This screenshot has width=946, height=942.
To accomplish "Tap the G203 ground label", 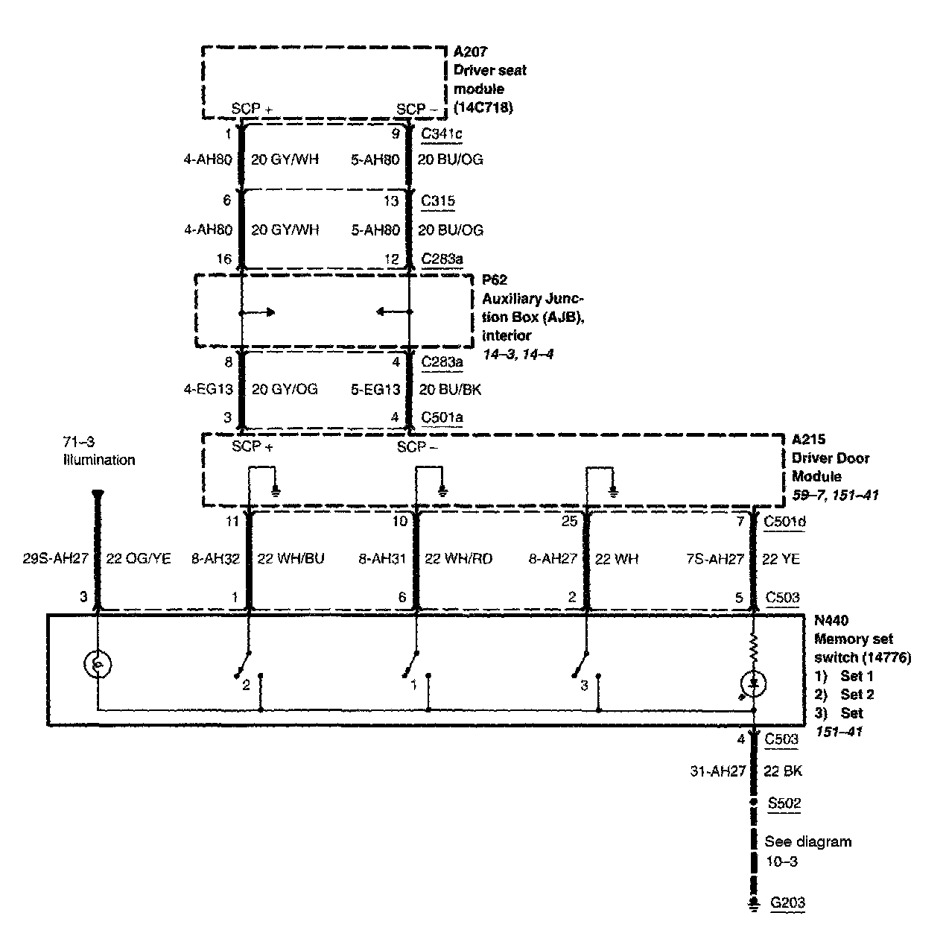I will pos(787,903).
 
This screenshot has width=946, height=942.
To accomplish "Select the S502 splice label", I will pos(784,803).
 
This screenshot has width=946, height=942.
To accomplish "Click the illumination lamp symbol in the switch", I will pos(98,663).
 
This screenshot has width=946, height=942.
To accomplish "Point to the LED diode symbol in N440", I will pos(754,683).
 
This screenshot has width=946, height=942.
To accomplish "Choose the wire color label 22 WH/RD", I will pos(458,559).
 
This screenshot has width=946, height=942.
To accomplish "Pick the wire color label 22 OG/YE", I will pos(139,559).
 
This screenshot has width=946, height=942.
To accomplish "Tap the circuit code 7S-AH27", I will pos(714,559).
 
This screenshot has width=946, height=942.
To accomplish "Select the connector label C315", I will pos(438,200).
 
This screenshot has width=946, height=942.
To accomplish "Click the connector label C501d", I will pos(785,522).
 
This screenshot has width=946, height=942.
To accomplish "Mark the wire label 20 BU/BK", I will pos(449,389).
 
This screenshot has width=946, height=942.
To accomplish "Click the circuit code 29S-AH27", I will pos(56,559).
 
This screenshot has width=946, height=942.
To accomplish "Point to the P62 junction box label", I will pos(495,280).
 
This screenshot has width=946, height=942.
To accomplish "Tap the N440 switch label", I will pos(831,620).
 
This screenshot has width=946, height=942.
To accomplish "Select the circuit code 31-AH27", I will pos(717,772).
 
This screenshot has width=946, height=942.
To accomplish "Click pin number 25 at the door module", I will pos(569,522).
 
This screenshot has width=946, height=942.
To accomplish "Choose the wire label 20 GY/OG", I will pos(285,389).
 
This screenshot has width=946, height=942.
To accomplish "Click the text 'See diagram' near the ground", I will pos(807,842).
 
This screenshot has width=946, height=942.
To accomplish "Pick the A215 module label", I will pos(809,440).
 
